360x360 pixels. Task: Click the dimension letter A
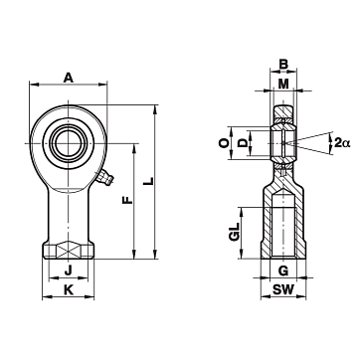tap(68, 79)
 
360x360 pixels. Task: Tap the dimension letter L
tap(150, 181)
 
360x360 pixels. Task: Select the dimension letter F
tap(127, 200)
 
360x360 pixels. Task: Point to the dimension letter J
tap(68, 271)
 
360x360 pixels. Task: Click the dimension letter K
tap(69, 290)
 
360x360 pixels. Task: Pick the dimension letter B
tap(283, 64)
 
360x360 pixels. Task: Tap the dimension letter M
tap(283, 85)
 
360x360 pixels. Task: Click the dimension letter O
tap(224, 143)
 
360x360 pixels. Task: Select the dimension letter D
tap(244, 143)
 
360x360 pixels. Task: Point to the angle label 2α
tap(342, 143)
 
